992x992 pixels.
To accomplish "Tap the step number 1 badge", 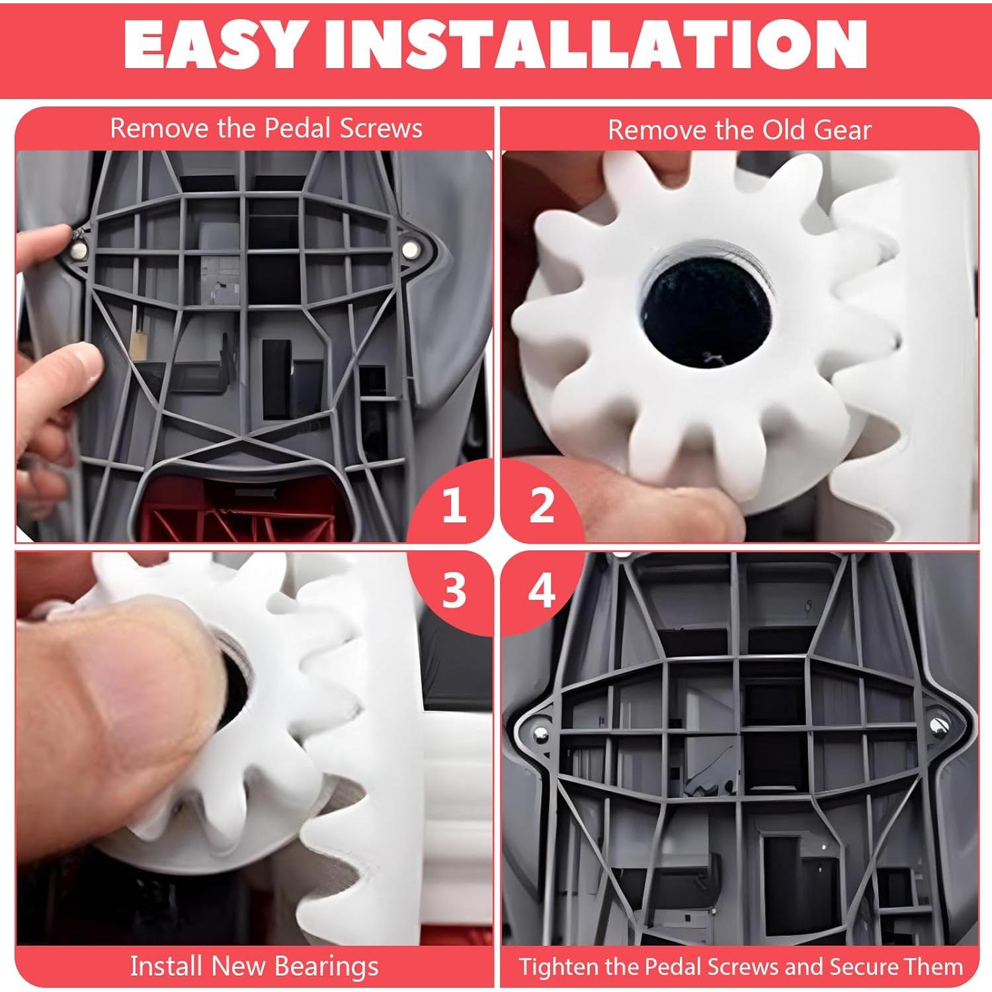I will [x=454, y=507].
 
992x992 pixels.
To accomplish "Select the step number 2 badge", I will [x=542, y=507].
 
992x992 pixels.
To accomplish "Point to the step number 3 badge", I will [x=454, y=591].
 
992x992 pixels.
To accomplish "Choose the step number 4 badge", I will [x=542, y=591].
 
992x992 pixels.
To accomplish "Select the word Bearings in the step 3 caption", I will [x=326, y=966].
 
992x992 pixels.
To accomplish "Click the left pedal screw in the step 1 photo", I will [x=79, y=249].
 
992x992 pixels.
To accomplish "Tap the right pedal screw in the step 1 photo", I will [x=411, y=249].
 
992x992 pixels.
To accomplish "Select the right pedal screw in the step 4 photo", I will [x=939, y=725].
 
